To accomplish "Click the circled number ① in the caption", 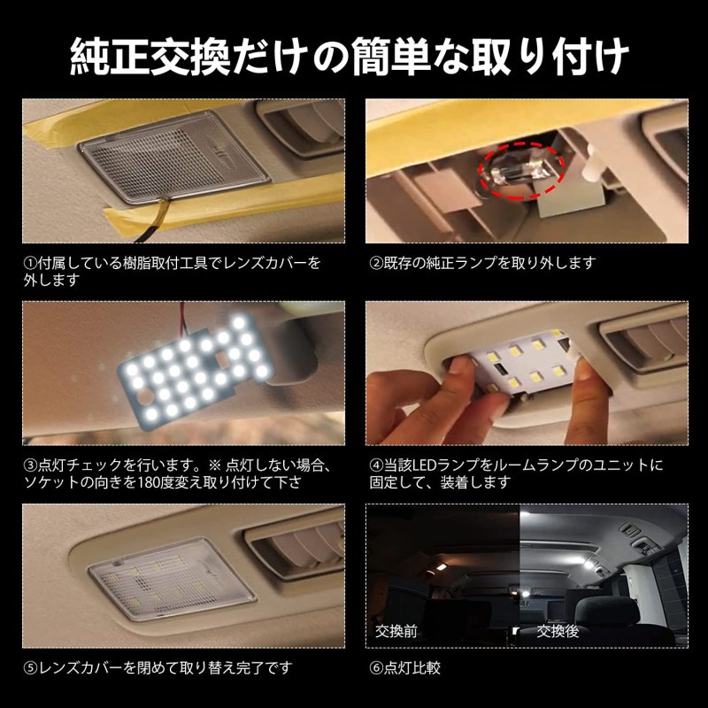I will (x=28, y=263).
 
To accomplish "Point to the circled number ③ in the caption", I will (x=28, y=465).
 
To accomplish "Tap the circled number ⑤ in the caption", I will (x=28, y=666).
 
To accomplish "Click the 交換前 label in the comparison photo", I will (x=396, y=633).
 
